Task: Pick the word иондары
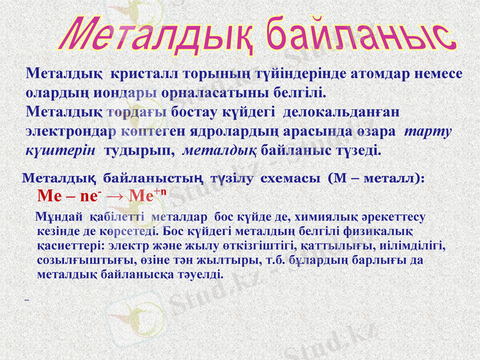click(128, 93)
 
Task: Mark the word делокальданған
click(341, 112)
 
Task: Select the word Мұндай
click(59, 216)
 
